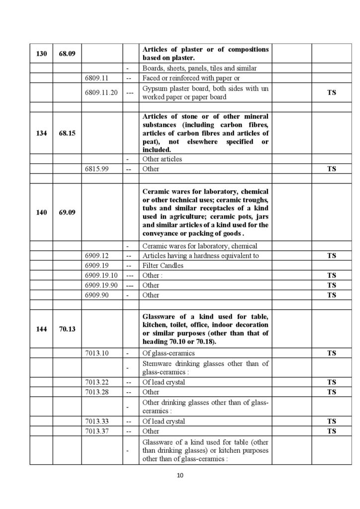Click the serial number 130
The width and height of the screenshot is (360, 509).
tap(41, 54)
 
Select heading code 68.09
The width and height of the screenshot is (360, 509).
tap(67, 54)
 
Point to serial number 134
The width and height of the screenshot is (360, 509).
tap(41, 133)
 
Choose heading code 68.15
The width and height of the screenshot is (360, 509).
tap(67, 133)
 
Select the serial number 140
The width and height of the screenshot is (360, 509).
tap(41, 212)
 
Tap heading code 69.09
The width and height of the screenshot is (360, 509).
tap(67, 212)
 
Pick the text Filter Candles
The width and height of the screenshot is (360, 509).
tap(163, 265)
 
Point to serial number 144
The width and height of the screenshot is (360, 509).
tap(41, 329)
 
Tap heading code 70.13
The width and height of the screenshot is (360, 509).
tap(67, 329)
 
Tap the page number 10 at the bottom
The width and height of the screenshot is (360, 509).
tap(180, 476)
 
